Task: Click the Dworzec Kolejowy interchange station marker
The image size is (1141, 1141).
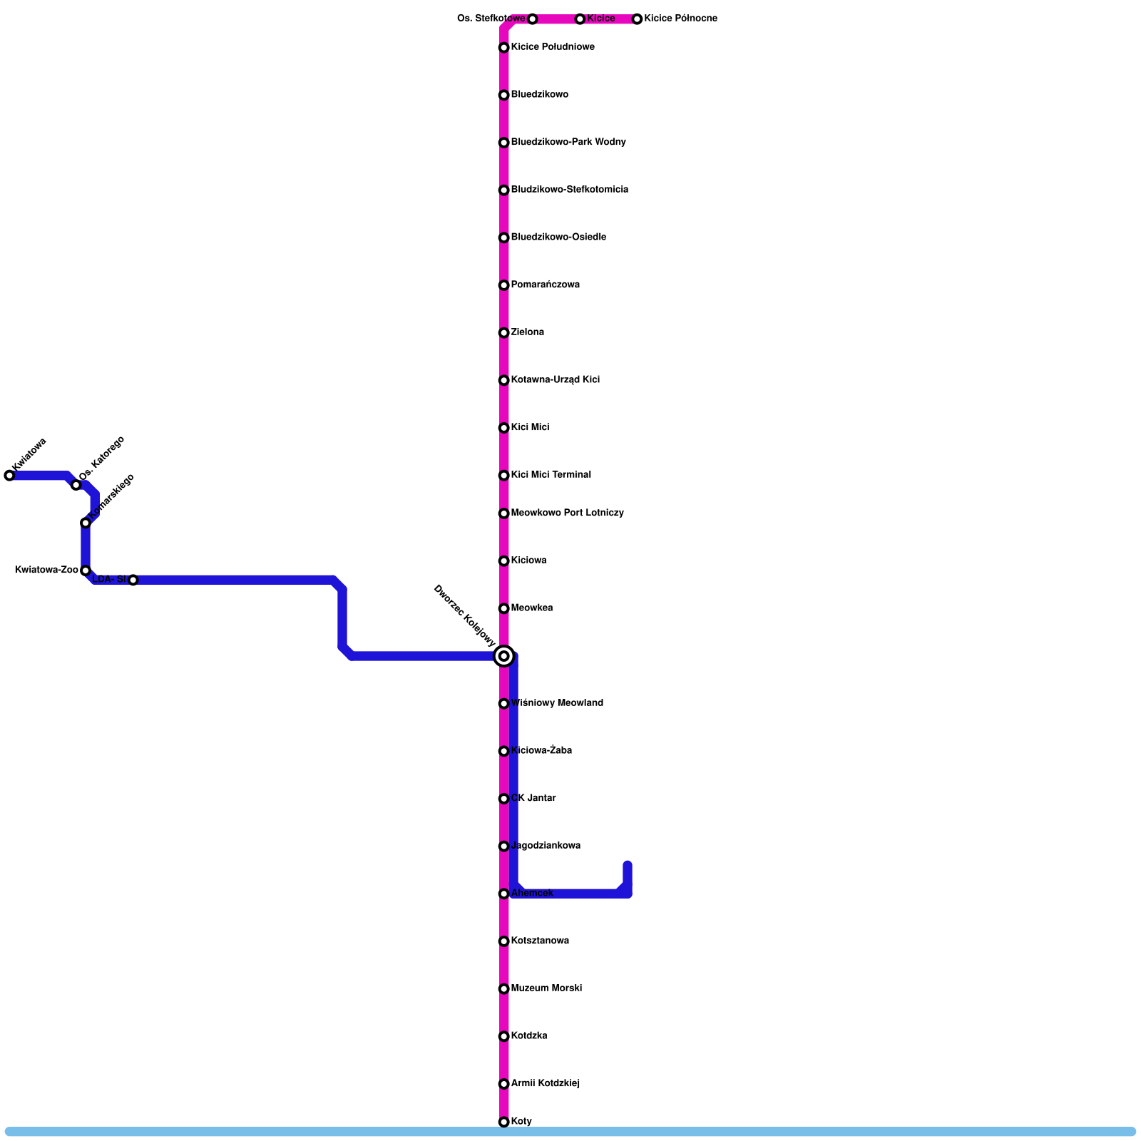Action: [504, 656]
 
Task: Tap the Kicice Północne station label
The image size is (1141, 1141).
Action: [680, 19]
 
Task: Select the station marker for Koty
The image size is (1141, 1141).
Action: [504, 1122]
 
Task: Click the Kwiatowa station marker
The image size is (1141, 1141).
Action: [9, 476]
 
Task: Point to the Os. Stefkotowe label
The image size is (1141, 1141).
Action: [491, 19]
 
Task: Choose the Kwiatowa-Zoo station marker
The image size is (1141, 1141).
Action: [86, 570]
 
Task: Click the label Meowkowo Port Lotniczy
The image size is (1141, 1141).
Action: [567, 513]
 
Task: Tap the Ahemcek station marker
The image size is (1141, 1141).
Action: [504, 894]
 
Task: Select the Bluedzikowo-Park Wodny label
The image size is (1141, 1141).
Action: [568, 143]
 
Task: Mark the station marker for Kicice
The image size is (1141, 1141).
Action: [580, 19]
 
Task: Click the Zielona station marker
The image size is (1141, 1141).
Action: [504, 333]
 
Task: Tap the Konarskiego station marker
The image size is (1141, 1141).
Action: [86, 523]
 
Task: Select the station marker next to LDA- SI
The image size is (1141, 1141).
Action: [133, 580]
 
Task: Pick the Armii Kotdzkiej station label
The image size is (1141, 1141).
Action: [545, 1084]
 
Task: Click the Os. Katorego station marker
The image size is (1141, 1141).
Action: [76, 485]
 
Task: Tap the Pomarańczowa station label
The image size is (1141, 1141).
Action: [545, 285]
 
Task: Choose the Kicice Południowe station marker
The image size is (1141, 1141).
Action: [504, 48]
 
